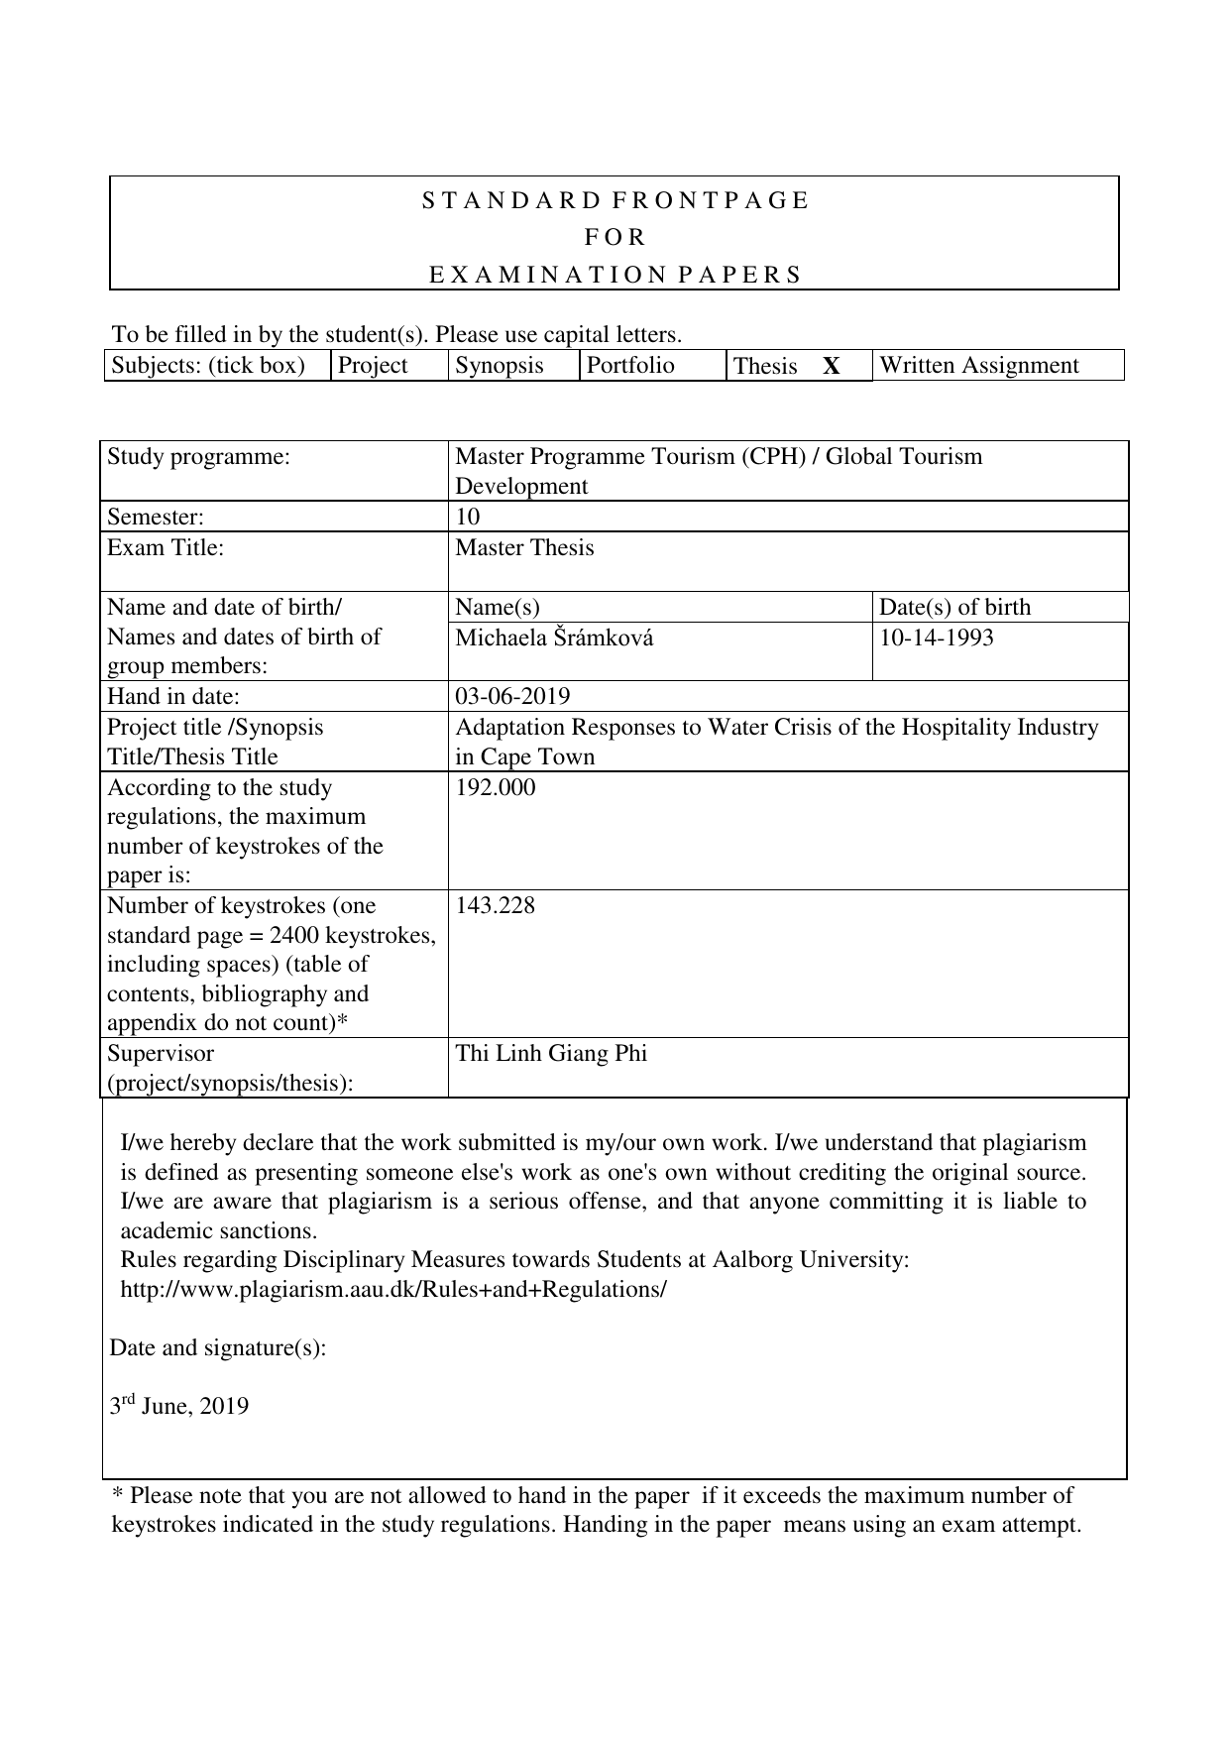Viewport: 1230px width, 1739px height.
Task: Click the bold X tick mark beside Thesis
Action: pos(832,367)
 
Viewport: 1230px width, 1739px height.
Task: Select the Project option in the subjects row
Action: pos(373,366)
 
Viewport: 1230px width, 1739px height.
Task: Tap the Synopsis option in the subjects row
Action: pos(500,366)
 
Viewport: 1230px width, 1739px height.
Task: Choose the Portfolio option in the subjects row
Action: pos(630,366)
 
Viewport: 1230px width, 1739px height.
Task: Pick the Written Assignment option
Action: pos(978,366)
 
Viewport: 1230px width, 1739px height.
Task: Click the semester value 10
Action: pos(467,517)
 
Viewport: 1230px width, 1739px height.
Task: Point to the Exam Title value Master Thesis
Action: pos(524,548)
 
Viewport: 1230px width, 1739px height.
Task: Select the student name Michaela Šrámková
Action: pos(554,638)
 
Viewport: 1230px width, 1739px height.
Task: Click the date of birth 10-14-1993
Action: pos(936,638)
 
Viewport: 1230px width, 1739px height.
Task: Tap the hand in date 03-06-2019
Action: pos(512,697)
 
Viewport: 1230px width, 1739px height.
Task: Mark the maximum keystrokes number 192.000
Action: pos(495,788)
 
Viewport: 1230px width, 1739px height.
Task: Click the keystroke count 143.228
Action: pos(495,906)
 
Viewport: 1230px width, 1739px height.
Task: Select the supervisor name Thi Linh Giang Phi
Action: pos(551,1054)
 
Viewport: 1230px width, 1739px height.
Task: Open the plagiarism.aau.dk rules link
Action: pos(393,1290)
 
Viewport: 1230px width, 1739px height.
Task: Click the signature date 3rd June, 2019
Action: pos(179,1407)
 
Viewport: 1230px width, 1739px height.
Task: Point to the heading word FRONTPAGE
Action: pos(711,201)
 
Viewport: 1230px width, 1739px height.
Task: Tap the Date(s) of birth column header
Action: pos(954,608)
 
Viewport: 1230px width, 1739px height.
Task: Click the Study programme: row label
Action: pos(198,457)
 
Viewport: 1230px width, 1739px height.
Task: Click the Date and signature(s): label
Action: pos(217,1348)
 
